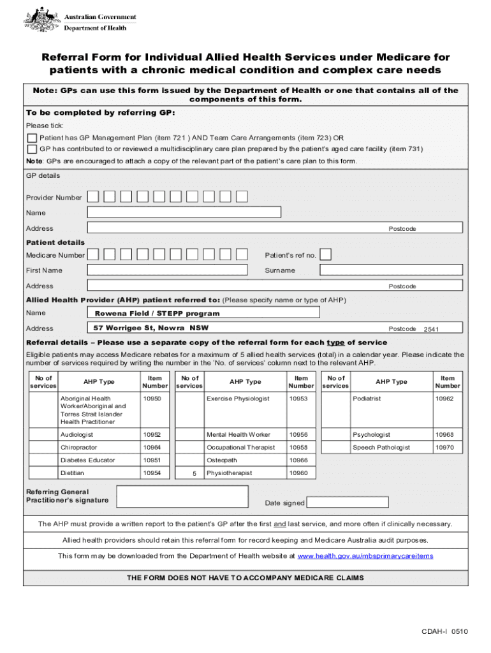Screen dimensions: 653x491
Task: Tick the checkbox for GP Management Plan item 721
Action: click(x=32, y=138)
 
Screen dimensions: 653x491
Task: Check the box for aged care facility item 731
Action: click(x=32, y=149)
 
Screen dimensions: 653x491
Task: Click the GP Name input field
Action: click(x=184, y=212)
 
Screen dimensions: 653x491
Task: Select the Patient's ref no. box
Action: click(x=325, y=255)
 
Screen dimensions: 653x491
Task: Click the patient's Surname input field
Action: click(x=392, y=270)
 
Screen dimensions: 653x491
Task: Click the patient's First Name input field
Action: click(x=167, y=270)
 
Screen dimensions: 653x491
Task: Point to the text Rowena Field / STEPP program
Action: click(x=157, y=314)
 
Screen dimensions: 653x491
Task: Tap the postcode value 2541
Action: click(x=432, y=329)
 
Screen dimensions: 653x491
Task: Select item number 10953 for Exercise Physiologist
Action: click(x=298, y=399)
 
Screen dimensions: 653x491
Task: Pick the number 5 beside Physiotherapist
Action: click(x=194, y=474)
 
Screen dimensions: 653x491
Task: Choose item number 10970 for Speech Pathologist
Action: click(x=445, y=448)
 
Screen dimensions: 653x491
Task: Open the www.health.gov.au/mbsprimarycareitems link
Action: click(x=365, y=556)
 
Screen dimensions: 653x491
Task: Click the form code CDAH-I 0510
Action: click(x=444, y=632)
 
